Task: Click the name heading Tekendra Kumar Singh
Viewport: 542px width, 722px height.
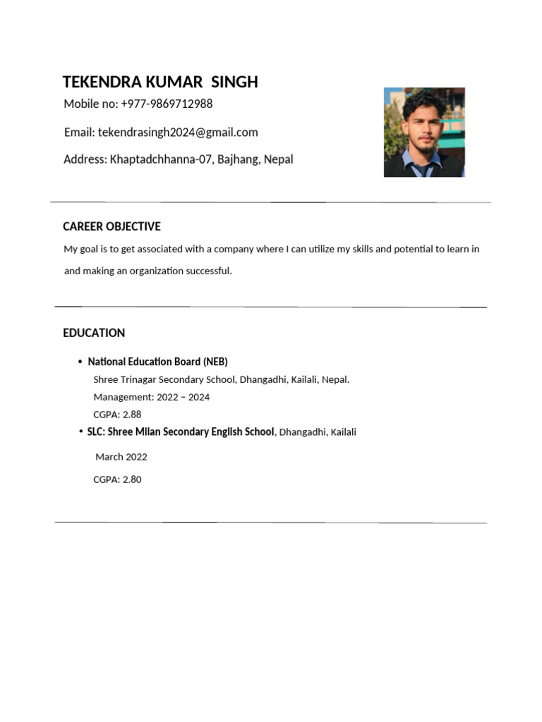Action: click(160, 82)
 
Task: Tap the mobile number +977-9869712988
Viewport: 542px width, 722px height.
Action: click(167, 104)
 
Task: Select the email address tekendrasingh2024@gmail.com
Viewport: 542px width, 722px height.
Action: click(178, 133)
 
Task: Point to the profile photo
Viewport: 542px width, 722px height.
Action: click(424, 132)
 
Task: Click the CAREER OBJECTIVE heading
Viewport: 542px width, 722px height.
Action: click(112, 226)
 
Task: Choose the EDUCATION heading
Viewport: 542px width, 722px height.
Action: click(94, 333)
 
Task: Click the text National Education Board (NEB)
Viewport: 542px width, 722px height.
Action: click(157, 362)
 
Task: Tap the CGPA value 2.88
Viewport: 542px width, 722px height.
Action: click(132, 415)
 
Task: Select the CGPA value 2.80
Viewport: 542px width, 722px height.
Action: click(132, 479)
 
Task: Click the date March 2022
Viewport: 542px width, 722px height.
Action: click(121, 457)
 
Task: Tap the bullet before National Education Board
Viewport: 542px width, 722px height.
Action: click(80, 362)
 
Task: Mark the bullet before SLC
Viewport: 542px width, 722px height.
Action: click(81, 432)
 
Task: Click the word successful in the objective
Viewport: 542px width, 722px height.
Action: click(209, 271)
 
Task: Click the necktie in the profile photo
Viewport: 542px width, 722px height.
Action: click(421, 169)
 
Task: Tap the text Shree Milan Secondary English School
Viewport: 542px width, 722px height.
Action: click(191, 432)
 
